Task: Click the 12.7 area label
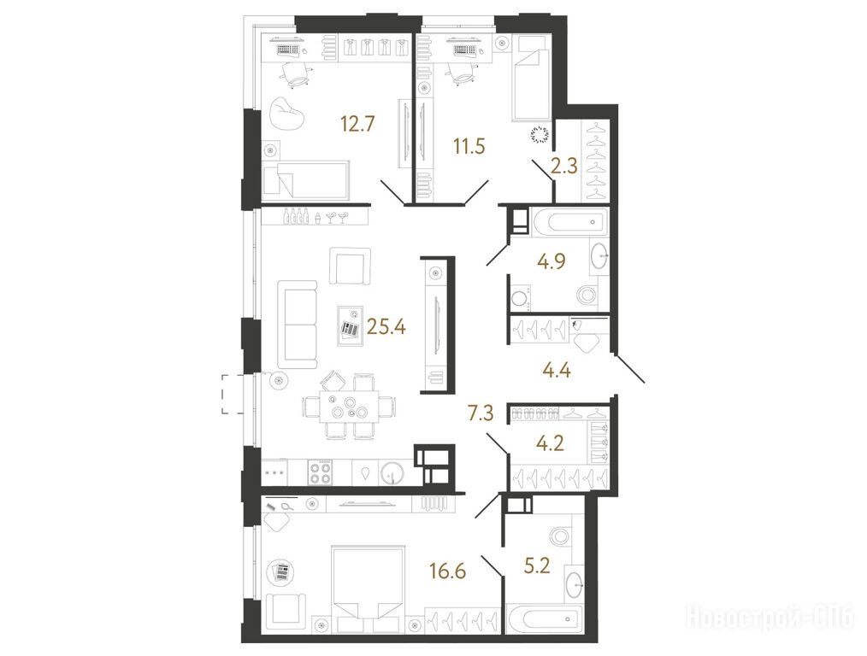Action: pos(357,124)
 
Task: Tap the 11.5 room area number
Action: pos(469,147)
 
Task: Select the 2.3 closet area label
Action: pos(564,166)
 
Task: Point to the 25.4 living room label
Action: pos(386,327)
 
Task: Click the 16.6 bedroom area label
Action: pos(448,571)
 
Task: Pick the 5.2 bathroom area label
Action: pos(537,565)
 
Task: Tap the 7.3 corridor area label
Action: pos(480,413)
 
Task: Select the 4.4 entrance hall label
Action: pos(557,369)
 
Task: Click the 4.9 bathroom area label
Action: pos(551,261)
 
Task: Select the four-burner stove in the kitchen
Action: pos(321,472)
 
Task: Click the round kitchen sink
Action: pos(392,473)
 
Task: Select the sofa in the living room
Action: pos(298,324)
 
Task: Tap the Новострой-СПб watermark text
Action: pos(770,616)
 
